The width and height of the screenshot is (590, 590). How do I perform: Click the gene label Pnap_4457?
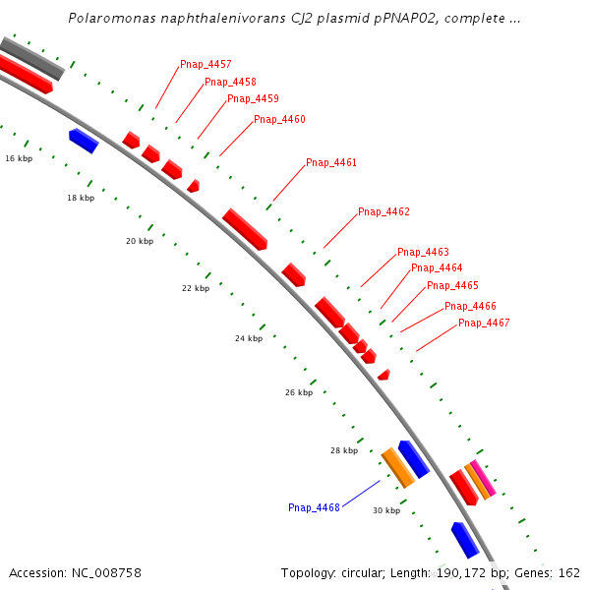(x=206, y=65)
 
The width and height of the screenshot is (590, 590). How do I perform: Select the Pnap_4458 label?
(x=230, y=82)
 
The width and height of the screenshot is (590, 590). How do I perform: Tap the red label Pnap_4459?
(x=253, y=98)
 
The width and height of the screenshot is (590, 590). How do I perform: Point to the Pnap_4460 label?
(x=279, y=120)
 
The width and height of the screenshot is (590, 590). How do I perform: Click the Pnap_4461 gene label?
(x=331, y=163)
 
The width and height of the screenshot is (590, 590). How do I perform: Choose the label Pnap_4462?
(x=383, y=212)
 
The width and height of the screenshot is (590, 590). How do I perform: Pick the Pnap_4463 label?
(x=423, y=253)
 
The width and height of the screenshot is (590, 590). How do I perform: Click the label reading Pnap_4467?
(x=484, y=324)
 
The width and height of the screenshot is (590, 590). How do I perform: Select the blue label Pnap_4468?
(x=314, y=508)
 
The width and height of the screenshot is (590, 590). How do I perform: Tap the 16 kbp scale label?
(x=19, y=158)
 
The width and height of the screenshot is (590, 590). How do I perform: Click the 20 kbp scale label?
(x=140, y=241)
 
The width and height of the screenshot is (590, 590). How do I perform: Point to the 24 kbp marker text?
(x=249, y=338)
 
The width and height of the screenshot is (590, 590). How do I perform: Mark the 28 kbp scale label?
(x=343, y=450)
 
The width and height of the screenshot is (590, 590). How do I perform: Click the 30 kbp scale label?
(x=386, y=510)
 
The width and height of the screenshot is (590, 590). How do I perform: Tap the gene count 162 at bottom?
(x=569, y=572)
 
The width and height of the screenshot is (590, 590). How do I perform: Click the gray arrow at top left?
(x=32, y=58)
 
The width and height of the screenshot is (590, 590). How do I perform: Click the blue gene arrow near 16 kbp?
(x=84, y=141)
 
